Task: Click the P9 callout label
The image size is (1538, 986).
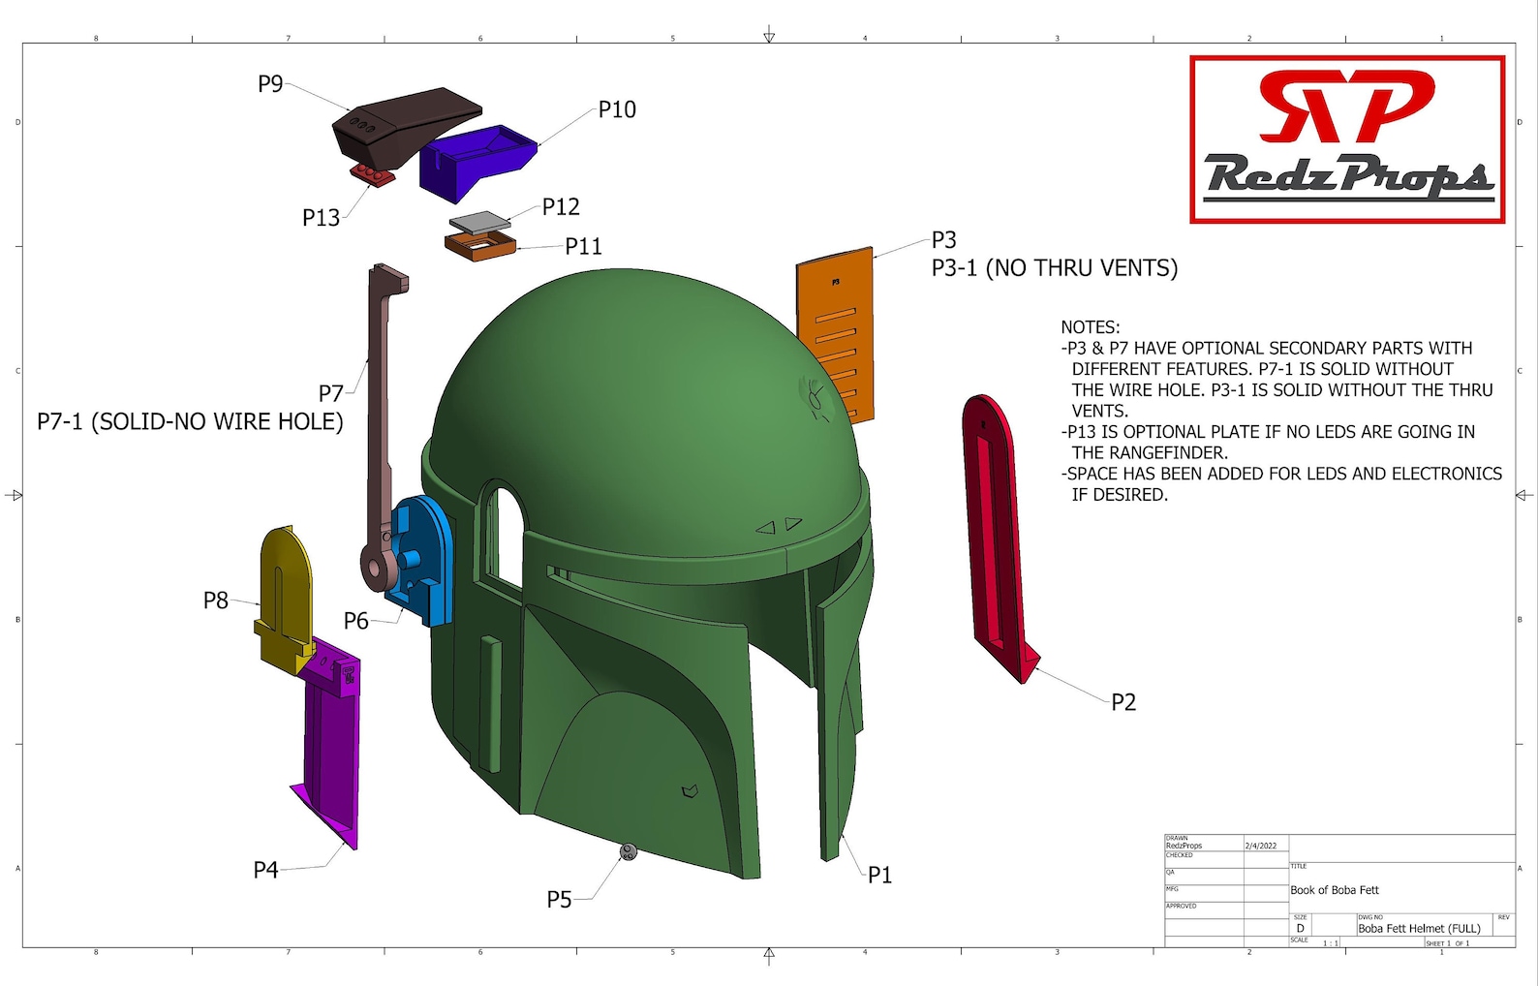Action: click(270, 84)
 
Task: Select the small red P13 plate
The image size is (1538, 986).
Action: click(372, 174)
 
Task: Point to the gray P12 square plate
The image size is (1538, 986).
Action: click(479, 222)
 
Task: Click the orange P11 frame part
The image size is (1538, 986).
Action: click(480, 246)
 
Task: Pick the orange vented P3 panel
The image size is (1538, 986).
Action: click(835, 329)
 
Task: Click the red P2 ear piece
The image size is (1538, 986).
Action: click(993, 533)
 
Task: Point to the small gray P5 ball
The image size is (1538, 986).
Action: click(629, 852)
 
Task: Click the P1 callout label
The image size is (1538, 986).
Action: click(879, 876)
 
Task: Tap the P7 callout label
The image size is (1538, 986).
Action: click(331, 393)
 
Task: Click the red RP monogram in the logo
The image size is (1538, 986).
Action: click(1346, 105)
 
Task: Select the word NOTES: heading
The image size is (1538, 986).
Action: click(1090, 327)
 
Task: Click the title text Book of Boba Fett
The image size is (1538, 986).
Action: click(1334, 890)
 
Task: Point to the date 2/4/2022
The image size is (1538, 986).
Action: click(1260, 846)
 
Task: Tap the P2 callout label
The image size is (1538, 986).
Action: click(1123, 702)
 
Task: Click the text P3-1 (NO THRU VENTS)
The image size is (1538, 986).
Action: click(1055, 268)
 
